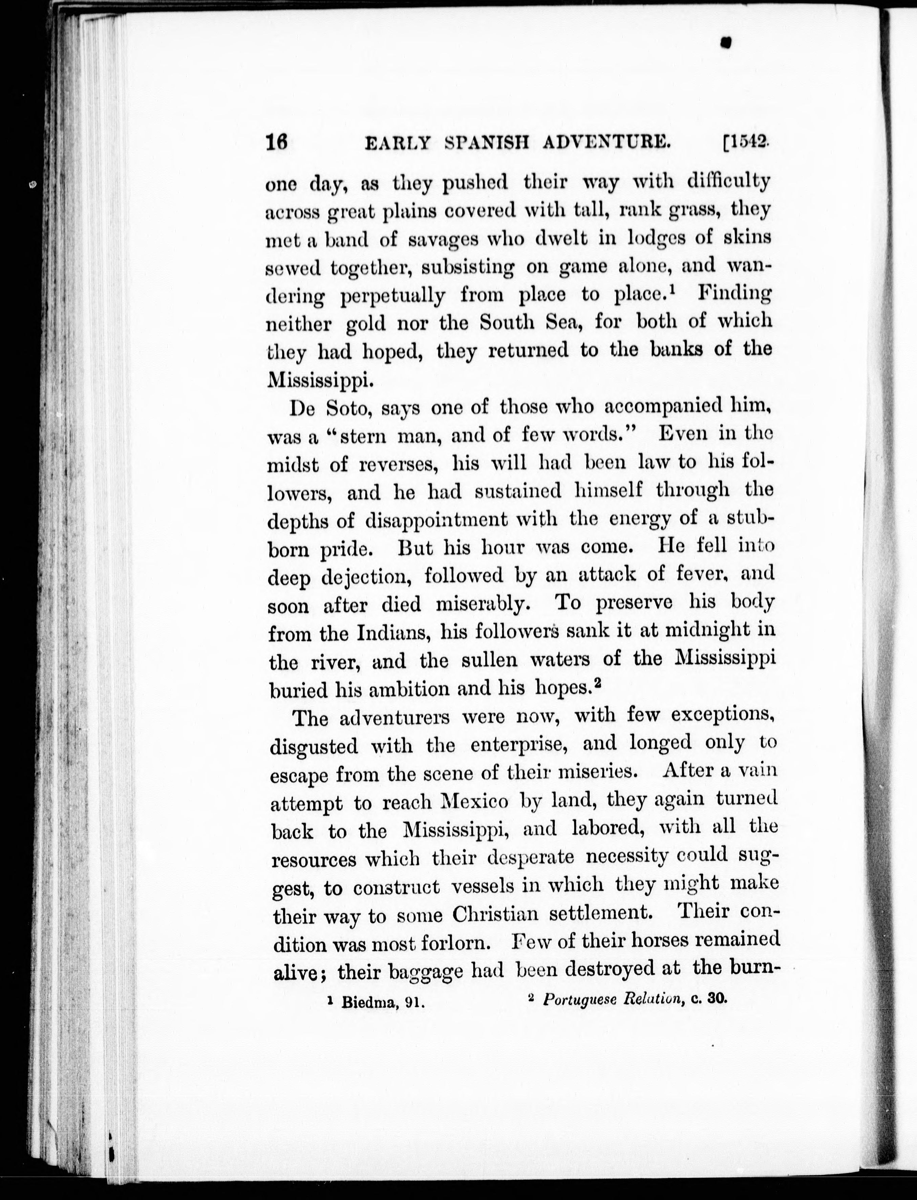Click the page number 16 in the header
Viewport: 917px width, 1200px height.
coord(276,143)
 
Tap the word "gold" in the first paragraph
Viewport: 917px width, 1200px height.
coord(366,324)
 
